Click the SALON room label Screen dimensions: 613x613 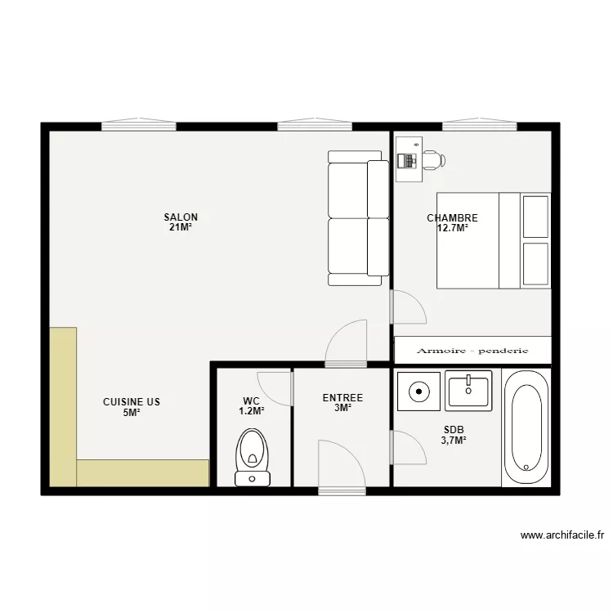click(x=181, y=217)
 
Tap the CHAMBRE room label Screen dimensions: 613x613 click(x=452, y=217)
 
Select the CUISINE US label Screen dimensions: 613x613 click(x=132, y=402)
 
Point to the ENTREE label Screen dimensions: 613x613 click(x=342, y=398)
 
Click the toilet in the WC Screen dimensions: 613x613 click(x=253, y=458)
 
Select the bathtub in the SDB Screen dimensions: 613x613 click(x=526, y=429)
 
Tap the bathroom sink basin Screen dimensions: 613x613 click(x=468, y=391)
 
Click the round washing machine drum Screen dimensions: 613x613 click(x=419, y=392)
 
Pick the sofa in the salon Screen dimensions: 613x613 click(x=359, y=218)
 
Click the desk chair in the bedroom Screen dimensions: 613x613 click(x=434, y=160)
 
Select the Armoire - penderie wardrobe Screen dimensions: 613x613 click(x=472, y=351)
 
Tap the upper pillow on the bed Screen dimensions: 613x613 click(x=535, y=217)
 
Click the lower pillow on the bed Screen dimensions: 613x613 click(x=535, y=264)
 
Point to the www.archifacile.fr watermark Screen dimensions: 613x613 click(x=562, y=535)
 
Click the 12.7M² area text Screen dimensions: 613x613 click(x=453, y=228)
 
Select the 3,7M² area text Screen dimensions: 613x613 click(x=454, y=441)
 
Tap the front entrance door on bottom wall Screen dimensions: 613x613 click(x=342, y=491)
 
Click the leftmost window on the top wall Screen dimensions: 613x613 click(x=139, y=124)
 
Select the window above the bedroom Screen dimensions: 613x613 click(x=480, y=124)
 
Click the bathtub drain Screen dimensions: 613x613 click(x=526, y=468)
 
